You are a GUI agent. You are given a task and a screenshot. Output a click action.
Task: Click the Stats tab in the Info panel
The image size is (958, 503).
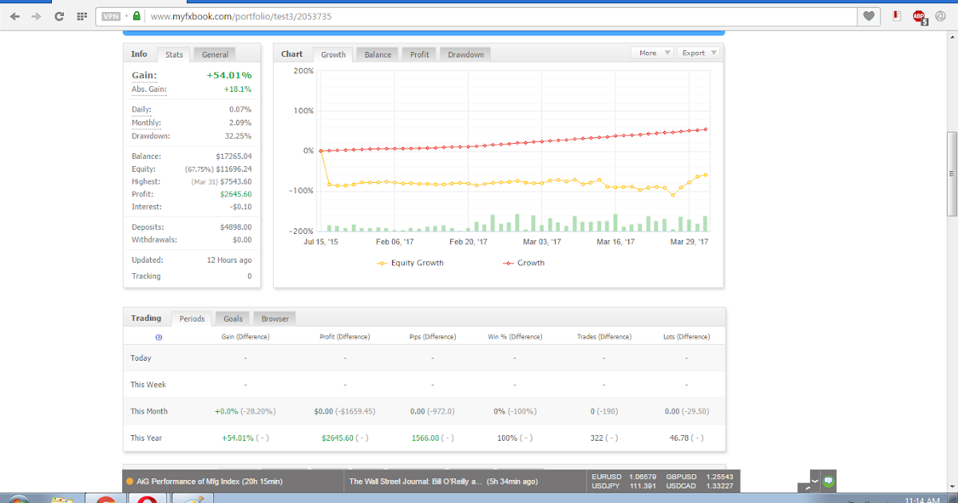(174, 55)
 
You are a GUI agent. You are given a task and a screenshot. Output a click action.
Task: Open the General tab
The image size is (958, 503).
(215, 55)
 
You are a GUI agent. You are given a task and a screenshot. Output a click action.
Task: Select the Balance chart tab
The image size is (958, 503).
(378, 54)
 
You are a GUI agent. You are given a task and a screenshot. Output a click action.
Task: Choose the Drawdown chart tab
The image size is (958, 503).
(465, 54)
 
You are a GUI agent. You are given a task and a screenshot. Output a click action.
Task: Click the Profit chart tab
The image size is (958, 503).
(419, 54)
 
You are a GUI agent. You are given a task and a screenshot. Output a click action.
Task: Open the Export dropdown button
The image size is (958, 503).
(699, 53)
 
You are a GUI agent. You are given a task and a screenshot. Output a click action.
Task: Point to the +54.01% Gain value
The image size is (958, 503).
(228, 75)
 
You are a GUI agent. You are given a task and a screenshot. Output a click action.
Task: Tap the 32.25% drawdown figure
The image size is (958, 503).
(236, 136)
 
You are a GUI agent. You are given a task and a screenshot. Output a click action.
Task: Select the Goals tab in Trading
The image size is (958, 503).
(233, 319)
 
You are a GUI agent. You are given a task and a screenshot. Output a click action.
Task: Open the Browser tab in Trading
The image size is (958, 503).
(275, 319)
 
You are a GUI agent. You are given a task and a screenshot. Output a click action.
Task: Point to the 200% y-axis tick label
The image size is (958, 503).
(304, 71)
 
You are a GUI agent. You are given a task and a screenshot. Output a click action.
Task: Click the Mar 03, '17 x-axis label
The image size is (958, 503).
(542, 241)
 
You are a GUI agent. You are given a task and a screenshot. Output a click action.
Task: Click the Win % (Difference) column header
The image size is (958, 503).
(515, 337)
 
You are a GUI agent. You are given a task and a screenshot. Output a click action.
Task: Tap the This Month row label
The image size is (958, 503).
(149, 411)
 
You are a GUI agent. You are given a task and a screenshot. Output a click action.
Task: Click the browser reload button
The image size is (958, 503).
(59, 16)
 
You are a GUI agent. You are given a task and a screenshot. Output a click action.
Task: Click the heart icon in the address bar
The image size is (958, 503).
(869, 16)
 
